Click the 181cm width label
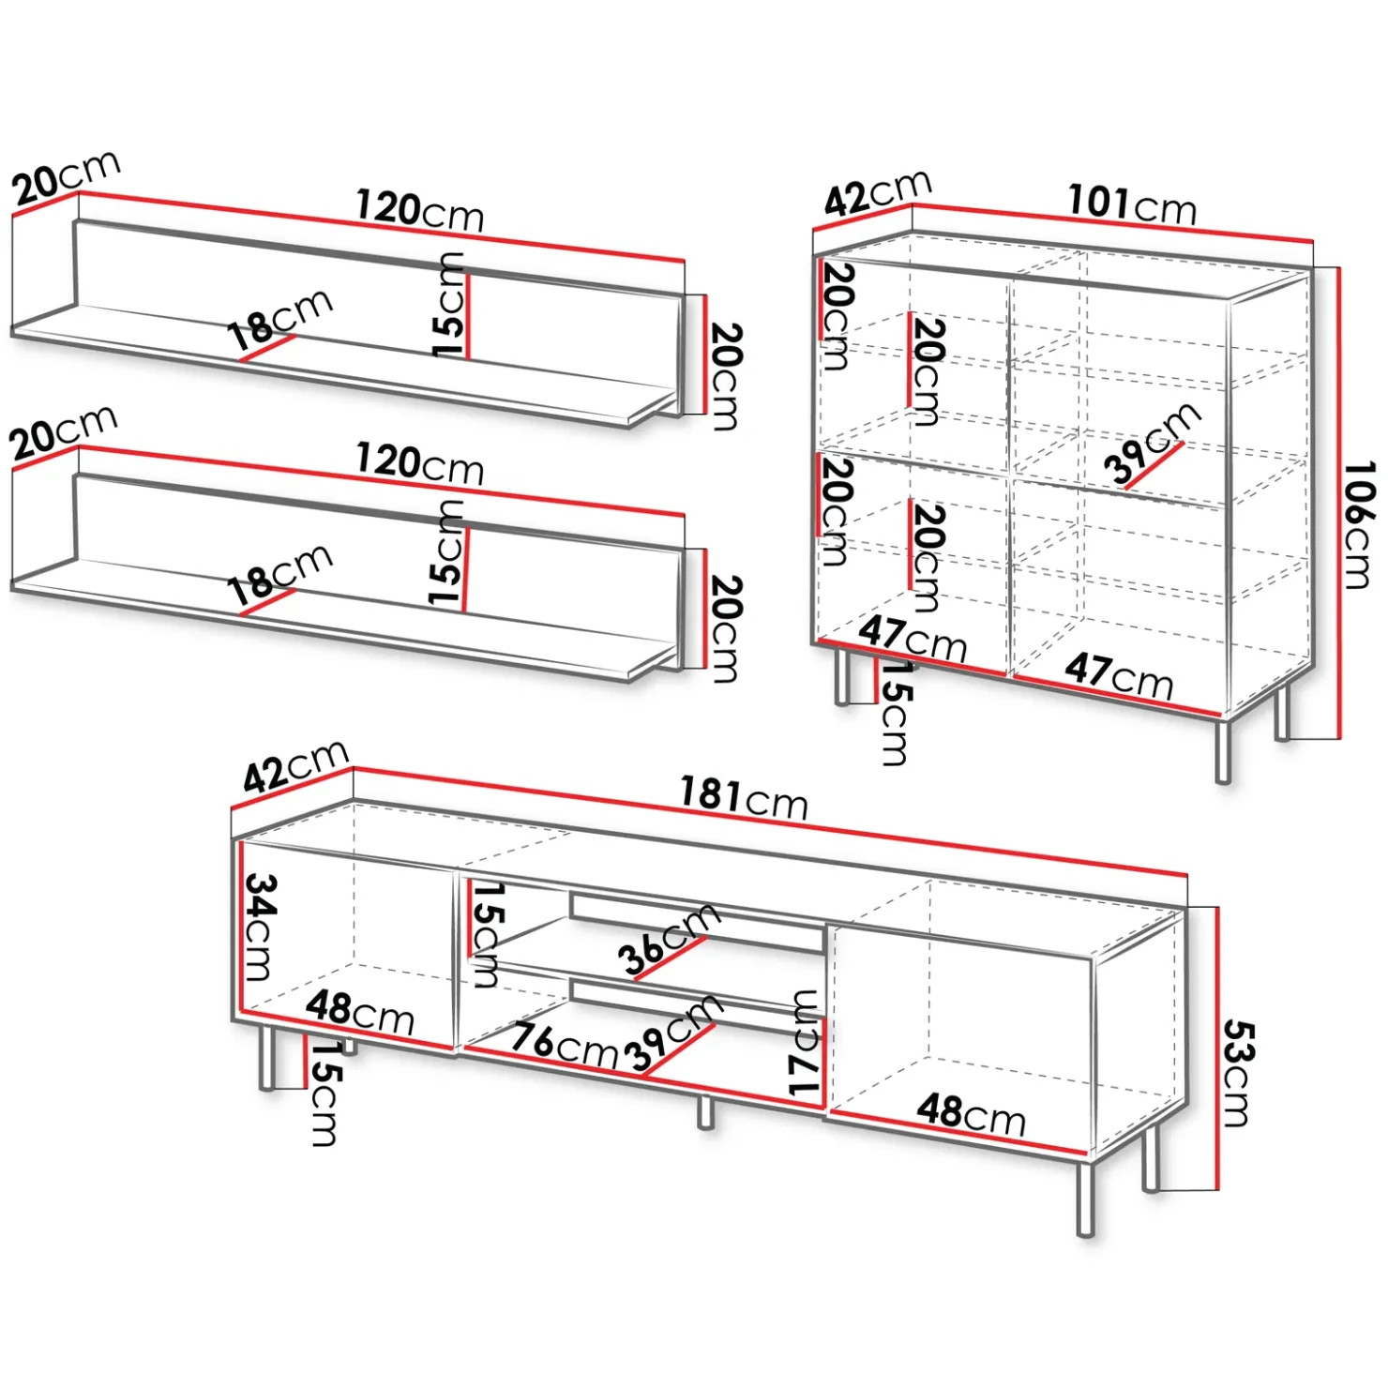744,798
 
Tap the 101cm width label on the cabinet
1132,204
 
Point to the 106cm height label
1359,524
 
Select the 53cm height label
1237,1073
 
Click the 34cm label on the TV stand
260,927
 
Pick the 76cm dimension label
565,1043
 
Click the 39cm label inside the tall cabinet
1153,444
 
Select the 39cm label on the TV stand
674,1033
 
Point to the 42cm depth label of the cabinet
878,193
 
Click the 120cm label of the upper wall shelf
420,210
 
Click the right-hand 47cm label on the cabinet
1119,675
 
